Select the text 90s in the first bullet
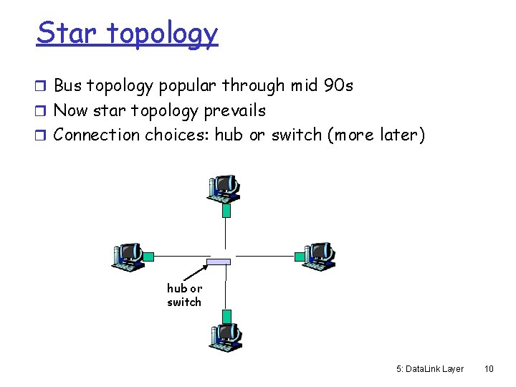[x=338, y=86]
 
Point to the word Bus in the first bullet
[x=69, y=86]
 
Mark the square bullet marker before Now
[x=42, y=111]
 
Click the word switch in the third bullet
[x=297, y=135]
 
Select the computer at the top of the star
[x=224, y=188]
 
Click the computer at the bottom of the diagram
[x=226, y=336]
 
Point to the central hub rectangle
[x=219, y=262]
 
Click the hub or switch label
[x=184, y=295]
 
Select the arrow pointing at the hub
[x=196, y=272]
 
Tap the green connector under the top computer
[x=226, y=210]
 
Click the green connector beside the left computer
[x=148, y=255]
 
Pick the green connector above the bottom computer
[x=226, y=315]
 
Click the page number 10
[x=489, y=368]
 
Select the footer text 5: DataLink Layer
[x=429, y=368]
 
